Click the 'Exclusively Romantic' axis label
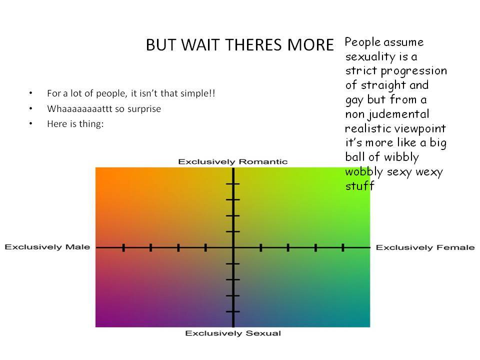(x=233, y=161)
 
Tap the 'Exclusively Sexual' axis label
(x=233, y=333)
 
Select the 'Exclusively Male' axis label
(x=47, y=247)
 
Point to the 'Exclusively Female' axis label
(x=425, y=247)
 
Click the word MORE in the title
(x=310, y=45)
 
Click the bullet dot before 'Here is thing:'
(x=30, y=123)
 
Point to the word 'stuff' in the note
(x=359, y=185)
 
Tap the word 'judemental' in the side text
(x=398, y=114)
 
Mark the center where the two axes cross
(x=233, y=247)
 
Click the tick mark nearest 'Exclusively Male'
(x=123, y=247)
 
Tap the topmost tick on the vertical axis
(x=233, y=183)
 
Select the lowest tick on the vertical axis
(x=233, y=311)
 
